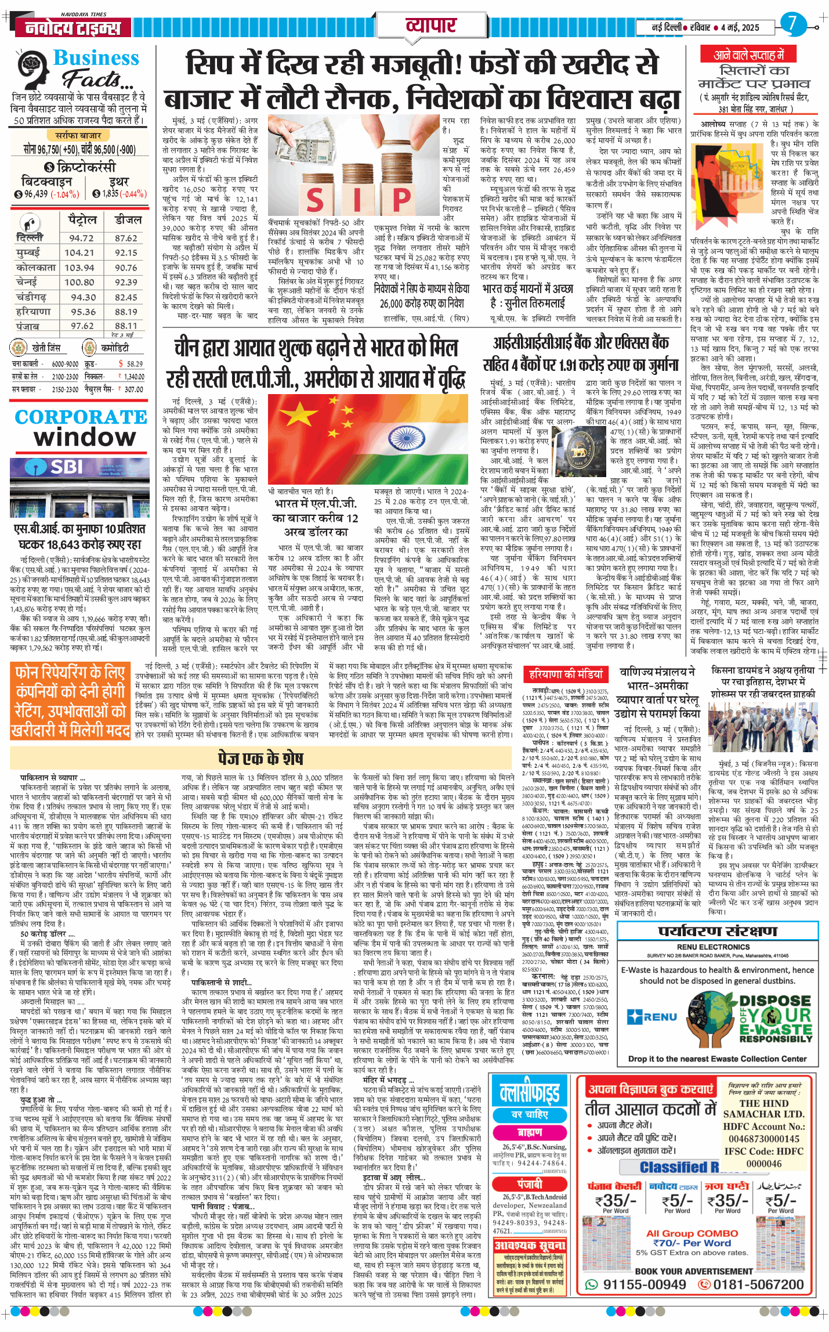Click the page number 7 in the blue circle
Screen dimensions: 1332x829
(792, 24)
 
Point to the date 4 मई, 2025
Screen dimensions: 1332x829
(740, 27)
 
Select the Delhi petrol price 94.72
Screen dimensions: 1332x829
(81, 238)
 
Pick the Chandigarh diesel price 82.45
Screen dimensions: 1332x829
(126, 297)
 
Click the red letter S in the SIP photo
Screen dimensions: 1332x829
(314, 201)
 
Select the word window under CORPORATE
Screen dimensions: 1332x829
(85, 436)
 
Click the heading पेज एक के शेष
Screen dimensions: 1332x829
(260, 758)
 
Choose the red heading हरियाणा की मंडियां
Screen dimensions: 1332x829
(566, 674)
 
